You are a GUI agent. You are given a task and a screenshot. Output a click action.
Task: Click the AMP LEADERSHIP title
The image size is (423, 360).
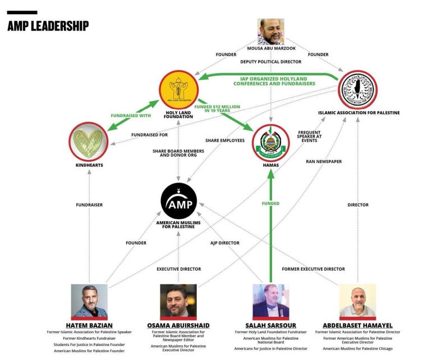tap(48, 26)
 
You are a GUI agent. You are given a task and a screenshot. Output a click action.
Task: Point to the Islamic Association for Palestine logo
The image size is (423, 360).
tap(358, 90)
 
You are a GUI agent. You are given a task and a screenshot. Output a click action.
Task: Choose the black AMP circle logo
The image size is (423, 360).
tap(178, 201)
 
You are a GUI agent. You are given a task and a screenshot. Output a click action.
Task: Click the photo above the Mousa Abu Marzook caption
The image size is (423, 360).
tap(271, 31)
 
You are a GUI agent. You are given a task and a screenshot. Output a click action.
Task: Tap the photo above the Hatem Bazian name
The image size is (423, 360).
tap(89, 300)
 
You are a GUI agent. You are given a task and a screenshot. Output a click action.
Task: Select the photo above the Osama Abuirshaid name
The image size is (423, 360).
tap(178, 300)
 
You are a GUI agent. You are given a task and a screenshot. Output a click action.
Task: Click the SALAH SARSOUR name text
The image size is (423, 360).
tap(270, 325)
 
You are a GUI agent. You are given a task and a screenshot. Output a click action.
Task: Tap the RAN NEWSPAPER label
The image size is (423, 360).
tap(324, 161)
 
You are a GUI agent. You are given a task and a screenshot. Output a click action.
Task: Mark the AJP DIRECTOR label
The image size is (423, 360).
tap(225, 243)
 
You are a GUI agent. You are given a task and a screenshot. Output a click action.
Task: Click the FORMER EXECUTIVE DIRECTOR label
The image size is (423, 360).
tap(313, 269)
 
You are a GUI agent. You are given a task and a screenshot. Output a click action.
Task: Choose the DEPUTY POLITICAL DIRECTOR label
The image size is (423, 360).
tap(270, 62)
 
